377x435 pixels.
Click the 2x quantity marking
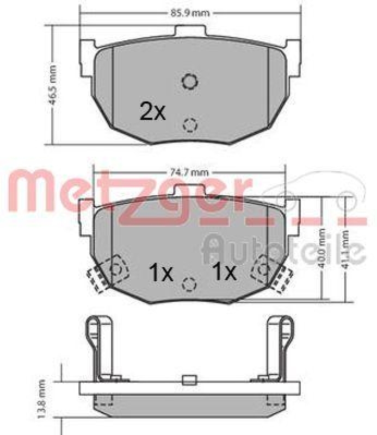click(x=152, y=112)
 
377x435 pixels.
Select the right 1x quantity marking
click(x=224, y=271)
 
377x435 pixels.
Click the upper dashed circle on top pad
click(x=189, y=82)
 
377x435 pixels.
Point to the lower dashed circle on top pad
click(x=189, y=125)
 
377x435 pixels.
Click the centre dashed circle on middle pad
click(x=189, y=283)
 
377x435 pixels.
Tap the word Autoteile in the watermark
click(x=283, y=248)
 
